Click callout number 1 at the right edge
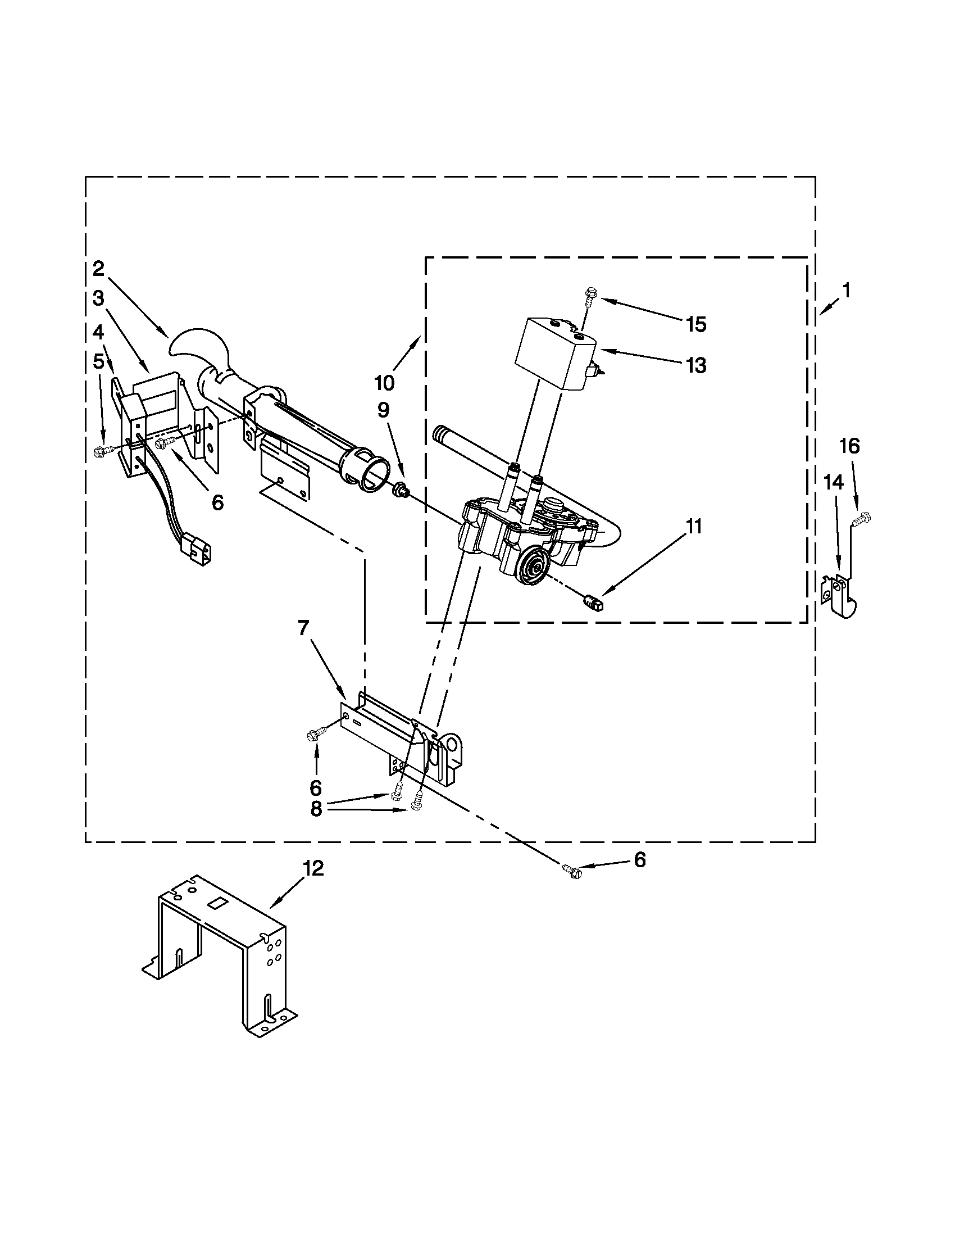click(x=846, y=291)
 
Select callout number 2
click(x=99, y=269)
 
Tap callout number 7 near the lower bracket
click(x=303, y=629)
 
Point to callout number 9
click(x=383, y=410)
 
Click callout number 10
click(x=384, y=383)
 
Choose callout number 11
click(x=693, y=526)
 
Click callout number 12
click(x=313, y=868)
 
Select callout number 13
click(x=696, y=365)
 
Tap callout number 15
click(x=696, y=324)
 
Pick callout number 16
click(x=849, y=446)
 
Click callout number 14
click(x=833, y=482)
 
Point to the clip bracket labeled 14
click(x=840, y=596)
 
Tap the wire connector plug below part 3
click(x=194, y=547)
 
